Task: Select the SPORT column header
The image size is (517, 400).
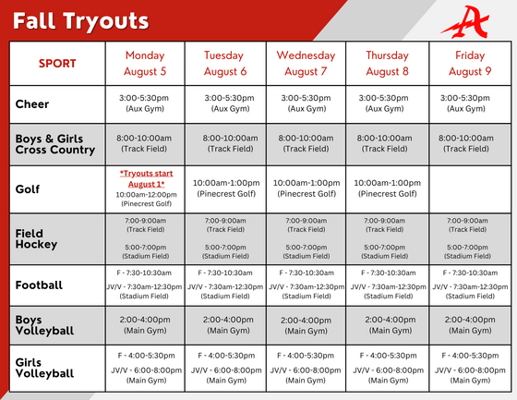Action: (x=57, y=64)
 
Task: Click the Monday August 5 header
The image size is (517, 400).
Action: (x=145, y=63)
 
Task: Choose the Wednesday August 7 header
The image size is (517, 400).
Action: (x=306, y=63)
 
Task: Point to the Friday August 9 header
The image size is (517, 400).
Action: (x=466, y=63)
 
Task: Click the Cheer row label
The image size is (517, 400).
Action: (x=32, y=104)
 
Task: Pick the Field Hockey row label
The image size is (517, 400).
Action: (x=36, y=239)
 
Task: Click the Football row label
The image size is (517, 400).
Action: (x=39, y=285)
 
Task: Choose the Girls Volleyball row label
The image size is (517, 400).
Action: (x=44, y=368)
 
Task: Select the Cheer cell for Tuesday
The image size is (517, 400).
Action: (x=225, y=103)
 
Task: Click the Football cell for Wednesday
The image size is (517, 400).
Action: (x=306, y=285)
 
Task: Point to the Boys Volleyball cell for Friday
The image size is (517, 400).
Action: (x=466, y=324)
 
